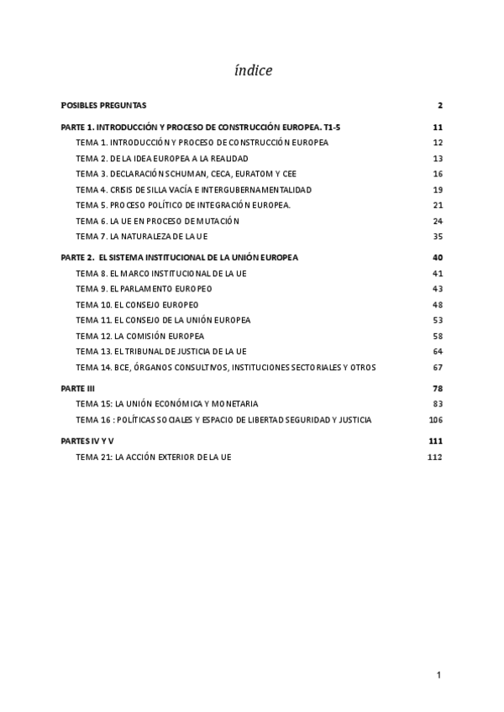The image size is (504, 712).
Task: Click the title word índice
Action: (253, 71)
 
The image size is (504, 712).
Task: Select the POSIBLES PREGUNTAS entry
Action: (103, 105)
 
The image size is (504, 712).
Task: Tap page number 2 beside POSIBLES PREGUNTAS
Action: (439, 105)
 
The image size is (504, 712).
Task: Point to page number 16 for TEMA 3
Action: (438, 174)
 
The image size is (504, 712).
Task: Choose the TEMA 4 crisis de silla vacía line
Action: (193, 190)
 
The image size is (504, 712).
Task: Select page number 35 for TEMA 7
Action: (438, 237)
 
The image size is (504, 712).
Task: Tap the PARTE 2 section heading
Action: (180, 258)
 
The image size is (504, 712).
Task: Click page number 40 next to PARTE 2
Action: (437, 258)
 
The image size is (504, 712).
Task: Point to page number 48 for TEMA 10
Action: (438, 304)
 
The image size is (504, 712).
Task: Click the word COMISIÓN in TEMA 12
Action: (160, 336)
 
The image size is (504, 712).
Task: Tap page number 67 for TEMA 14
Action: (438, 367)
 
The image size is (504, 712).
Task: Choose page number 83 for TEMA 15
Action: (438, 404)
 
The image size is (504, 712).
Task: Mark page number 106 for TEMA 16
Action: (435, 420)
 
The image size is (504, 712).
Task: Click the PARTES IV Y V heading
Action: (87, 441)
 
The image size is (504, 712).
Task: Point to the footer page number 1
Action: (438, 674)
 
